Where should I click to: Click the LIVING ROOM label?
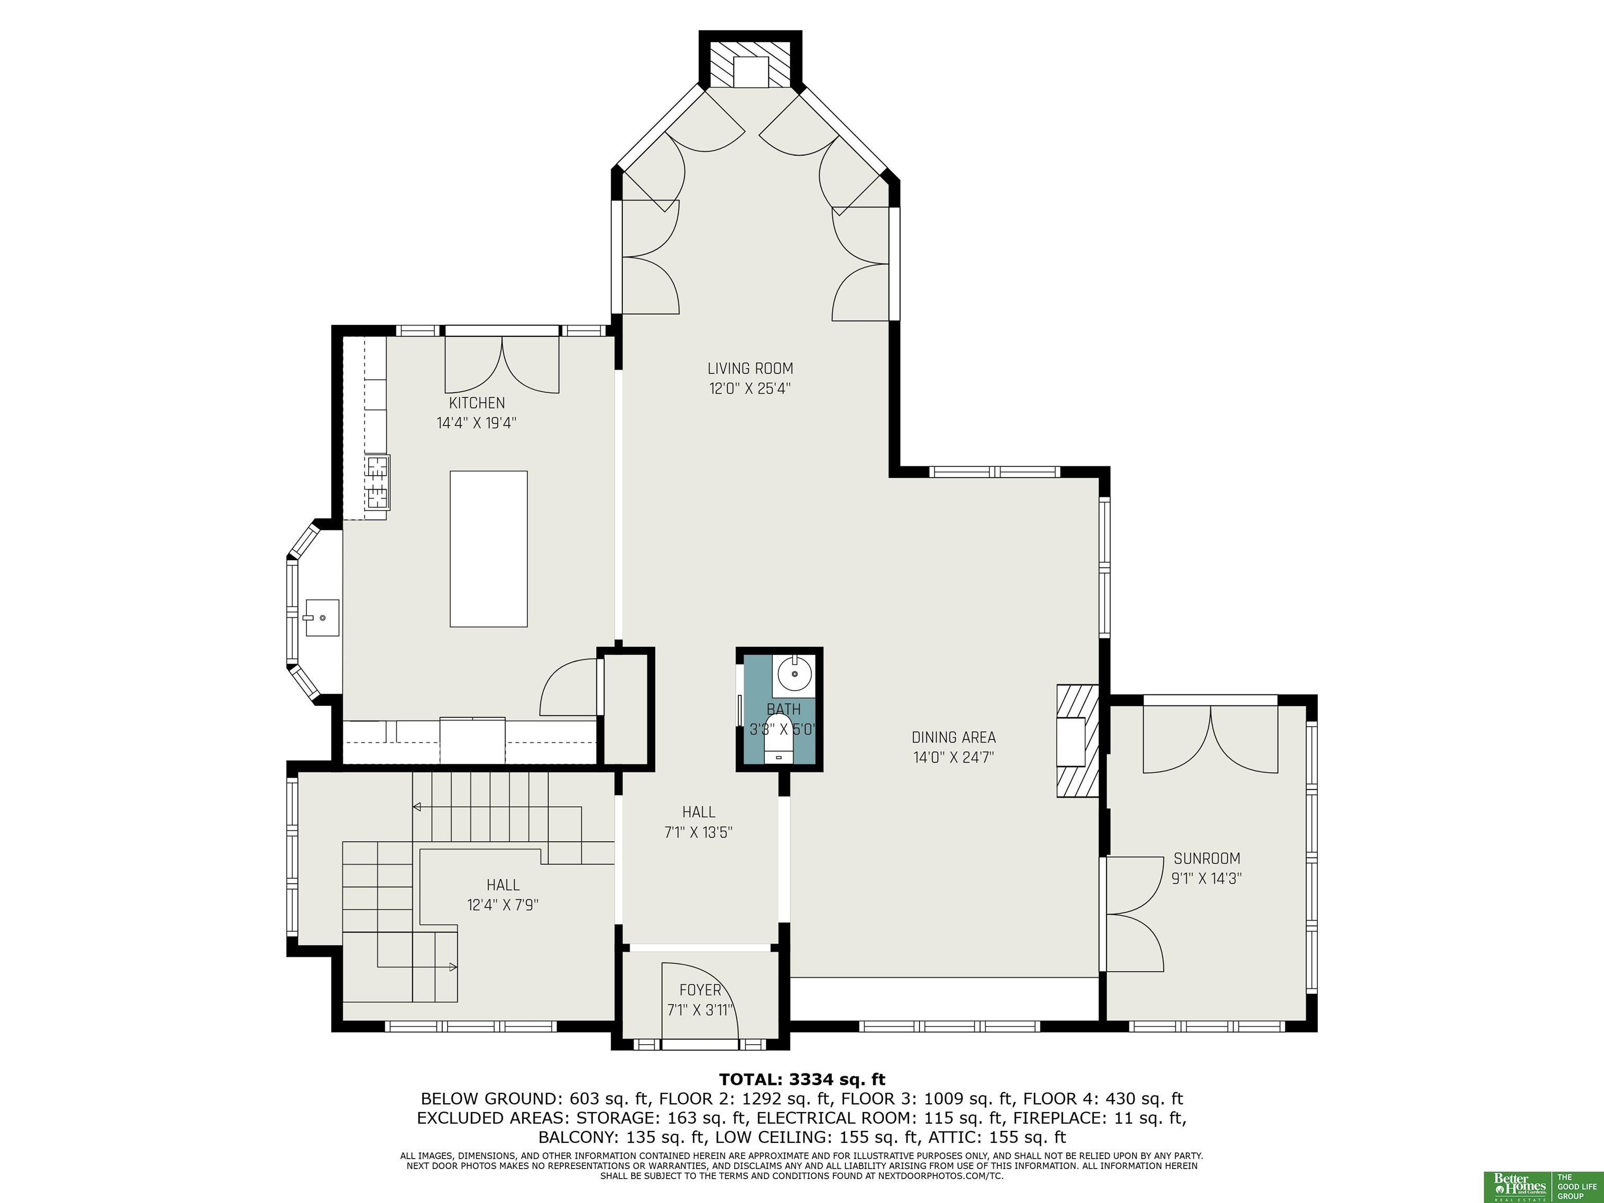click(750, 369)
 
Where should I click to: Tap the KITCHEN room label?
click(476, 403)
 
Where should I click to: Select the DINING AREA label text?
click(953, 737)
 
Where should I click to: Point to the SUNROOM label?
click(1207, 858)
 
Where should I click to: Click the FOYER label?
click(701, 990)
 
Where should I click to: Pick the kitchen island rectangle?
click(489, 549)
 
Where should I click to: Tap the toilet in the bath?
click(780, 739)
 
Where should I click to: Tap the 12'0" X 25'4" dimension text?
click(750, 388)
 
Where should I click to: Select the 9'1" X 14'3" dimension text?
click(1207, 879)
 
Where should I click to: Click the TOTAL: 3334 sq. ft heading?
click(802, 1080)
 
